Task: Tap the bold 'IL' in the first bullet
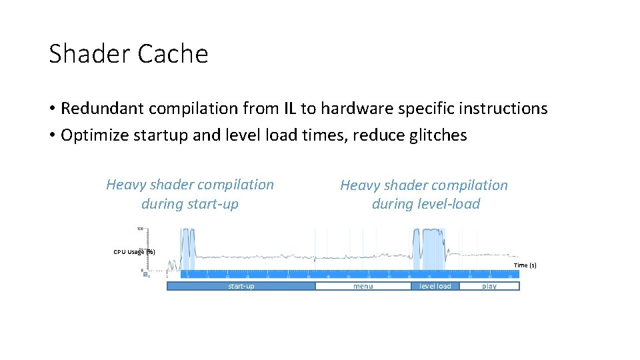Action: pyautogui.click(x=290, y=108)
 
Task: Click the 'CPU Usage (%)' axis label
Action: pyautogui.click(x=134, y=252)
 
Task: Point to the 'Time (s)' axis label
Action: pyautogui.click(x=525, y=265)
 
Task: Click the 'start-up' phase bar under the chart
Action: pyautogui.click(x=241, y=286)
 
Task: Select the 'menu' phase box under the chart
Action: pyautogui.click(x=363, y=286)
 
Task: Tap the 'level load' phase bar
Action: pyautogui.click(x=435, y=286)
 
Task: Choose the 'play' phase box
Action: pyautogui.click(x=489, y=286)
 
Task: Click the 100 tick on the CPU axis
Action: pyautogui.click(x=140, y=229)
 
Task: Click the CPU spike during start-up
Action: pyautogui.click(x=187, y=243)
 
